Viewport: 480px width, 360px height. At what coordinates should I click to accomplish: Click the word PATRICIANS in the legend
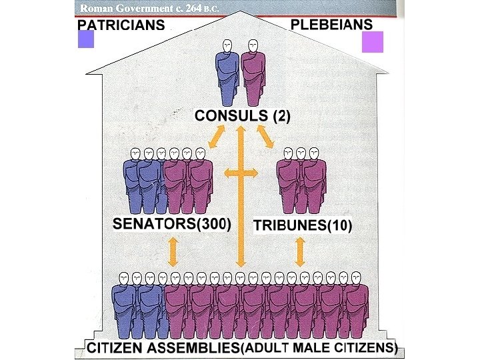click(121, 25)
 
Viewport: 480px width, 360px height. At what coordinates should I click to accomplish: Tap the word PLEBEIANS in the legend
click(331, 25)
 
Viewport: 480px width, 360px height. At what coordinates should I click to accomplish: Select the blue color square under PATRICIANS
click(86, 40)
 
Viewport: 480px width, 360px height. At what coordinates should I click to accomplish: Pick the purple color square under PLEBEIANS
click(370, 43)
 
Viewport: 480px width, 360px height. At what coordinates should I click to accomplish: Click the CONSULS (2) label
click(242, 115)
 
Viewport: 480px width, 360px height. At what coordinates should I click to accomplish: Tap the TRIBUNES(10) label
click(303, 225)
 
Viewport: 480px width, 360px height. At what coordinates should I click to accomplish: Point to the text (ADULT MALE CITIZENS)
click(318, 348)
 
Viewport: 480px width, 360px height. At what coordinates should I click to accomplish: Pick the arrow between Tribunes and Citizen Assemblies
click(300, 250)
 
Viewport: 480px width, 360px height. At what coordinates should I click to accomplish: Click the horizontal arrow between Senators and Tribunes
click(241, 173)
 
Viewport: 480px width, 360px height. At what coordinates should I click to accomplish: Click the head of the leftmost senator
click(136, 154)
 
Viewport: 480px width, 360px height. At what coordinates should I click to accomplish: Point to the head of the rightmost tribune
click(314, 154)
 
